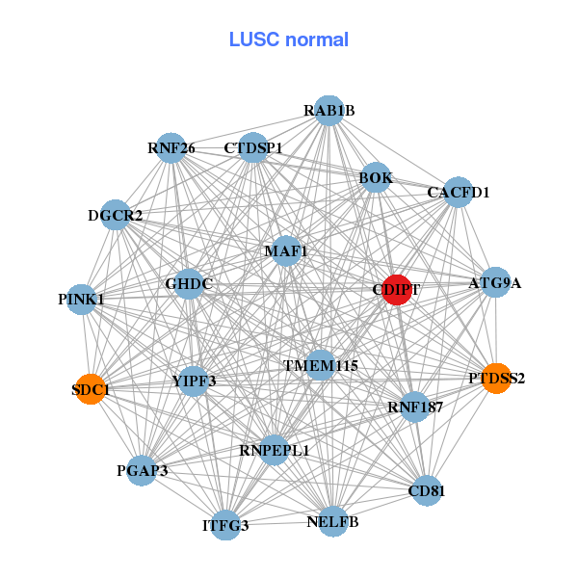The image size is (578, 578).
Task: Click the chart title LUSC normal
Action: point(289,39)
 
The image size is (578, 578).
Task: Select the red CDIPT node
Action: point(397,289)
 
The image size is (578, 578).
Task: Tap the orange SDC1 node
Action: point(90,389)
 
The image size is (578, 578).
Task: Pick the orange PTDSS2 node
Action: point(495,379)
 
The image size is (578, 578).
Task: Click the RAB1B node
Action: point(329,110)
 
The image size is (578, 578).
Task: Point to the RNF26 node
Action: point(171,147)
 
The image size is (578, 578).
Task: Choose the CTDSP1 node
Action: point(253,147)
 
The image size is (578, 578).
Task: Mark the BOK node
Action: point(376,177)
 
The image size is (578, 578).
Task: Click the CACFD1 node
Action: point(458,192)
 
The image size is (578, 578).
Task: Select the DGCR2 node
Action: point(116,215)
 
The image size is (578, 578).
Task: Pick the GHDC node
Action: point(189,283)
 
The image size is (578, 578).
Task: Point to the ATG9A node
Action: point(494,282)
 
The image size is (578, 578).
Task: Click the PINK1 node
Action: point(81,300)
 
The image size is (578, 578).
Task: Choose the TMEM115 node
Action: point(320,365)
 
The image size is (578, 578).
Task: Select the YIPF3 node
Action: point(194,381)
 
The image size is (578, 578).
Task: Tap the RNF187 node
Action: point(415,406)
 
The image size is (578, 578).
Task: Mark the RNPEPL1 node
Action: point(275,449)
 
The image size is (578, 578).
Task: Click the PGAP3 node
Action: point(142,470)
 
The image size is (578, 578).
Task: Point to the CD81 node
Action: point(426,490)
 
